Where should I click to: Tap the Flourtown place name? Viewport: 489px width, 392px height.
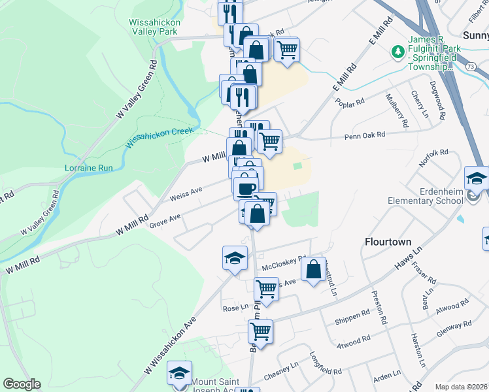387,242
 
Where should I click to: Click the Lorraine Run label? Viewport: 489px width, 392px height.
89,168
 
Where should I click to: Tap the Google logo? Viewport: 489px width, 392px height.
22,384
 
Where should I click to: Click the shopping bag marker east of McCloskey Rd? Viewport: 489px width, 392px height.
314,269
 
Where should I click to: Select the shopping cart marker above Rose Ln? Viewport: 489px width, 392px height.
266,288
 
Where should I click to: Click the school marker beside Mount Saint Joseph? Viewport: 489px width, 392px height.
179,373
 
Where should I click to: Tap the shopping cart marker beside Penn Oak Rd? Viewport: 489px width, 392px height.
269,140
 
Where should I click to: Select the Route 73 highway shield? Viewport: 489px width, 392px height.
470,66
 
